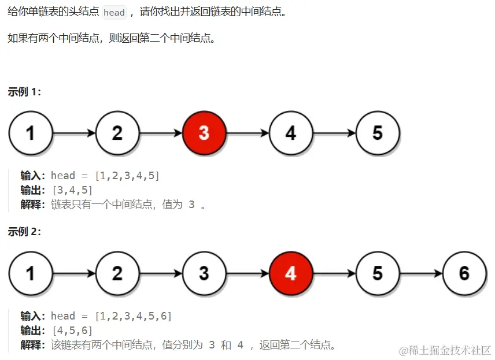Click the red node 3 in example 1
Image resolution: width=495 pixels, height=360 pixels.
[204, 133]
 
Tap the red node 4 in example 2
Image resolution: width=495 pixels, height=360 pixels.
[291, 273]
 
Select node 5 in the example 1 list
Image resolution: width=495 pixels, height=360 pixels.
[378, 133]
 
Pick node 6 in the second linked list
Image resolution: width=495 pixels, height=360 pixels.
[464, 273]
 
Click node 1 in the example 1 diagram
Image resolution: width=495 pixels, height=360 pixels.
[30, 133]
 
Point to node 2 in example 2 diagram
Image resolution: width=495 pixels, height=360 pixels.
[117, 273]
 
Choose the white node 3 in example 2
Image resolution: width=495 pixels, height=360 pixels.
[204, 273]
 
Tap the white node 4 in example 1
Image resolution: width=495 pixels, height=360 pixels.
[291, 133]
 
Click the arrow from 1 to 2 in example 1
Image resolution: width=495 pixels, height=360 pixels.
[74, 133]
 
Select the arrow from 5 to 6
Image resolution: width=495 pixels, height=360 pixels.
[421, 273]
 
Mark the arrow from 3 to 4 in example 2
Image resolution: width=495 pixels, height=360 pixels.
[247, 273]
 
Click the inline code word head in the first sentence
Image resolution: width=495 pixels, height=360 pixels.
[114, 13]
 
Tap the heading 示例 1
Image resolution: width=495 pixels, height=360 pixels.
[24, 92]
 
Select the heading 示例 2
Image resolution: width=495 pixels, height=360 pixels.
[24, 232]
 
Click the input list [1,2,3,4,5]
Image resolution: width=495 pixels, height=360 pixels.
[127, 176]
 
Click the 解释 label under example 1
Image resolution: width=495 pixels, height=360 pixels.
[32, 205]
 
